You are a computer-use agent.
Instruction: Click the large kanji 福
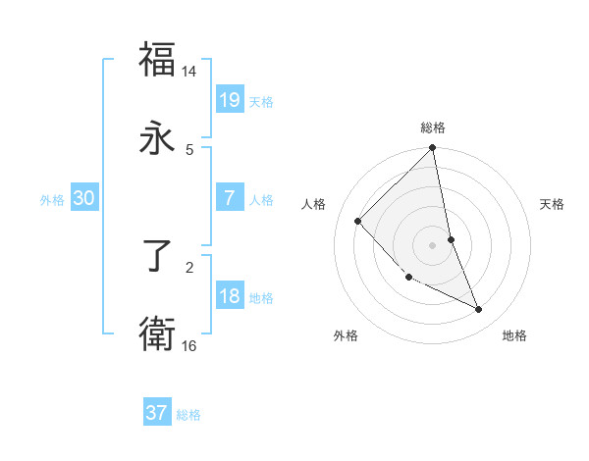[x=157, y=59]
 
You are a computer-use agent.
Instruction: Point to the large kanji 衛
[x=157, y=333]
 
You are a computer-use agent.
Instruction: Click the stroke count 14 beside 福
[x=189, y=72]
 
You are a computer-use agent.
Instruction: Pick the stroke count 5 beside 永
[x=189, y=149]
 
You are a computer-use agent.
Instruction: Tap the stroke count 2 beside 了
[x=189, y=265]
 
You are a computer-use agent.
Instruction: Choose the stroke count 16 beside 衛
[x=189, y=345]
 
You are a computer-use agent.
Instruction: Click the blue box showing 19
[x=230, y=100]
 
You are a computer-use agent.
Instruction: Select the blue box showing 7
[x=230, y=198]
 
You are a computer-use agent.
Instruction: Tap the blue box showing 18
[x=230, y=296]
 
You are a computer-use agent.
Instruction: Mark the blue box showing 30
[x=84, y=198]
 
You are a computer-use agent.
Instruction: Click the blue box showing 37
[x=157, y=413]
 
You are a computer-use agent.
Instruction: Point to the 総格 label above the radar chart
[x=433, y=128]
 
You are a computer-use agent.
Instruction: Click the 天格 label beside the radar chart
[x=553, y=204]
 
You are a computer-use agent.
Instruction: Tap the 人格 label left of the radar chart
[x=314, y=204]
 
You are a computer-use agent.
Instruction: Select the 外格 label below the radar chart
[x=346, y=335]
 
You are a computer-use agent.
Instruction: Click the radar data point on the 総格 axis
[x=433, y=149]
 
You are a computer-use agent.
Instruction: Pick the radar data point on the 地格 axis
[x=479, y=309]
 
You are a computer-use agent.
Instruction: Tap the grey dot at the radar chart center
[x=433, y=245]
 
